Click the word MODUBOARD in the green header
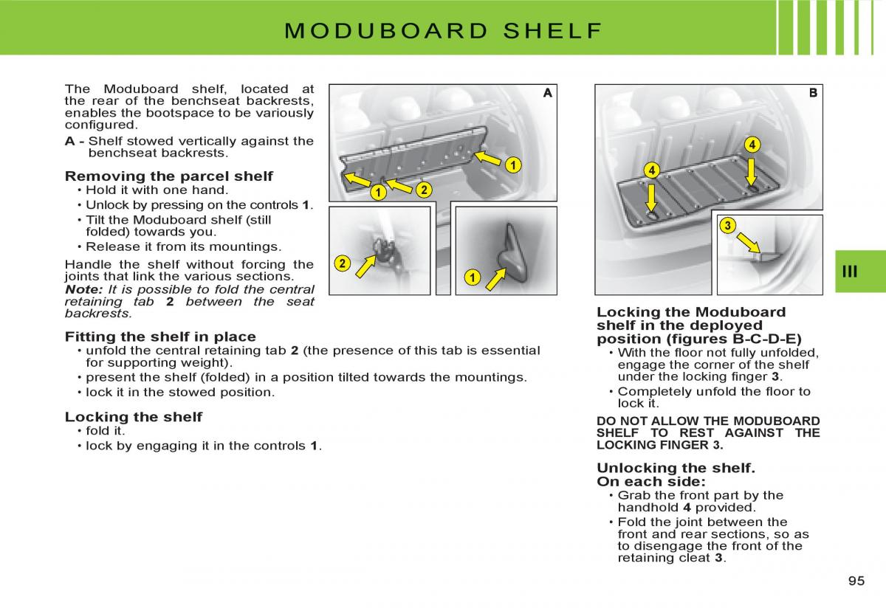386,31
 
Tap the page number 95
856,581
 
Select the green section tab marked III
850,272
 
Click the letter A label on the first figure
547,93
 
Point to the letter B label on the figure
813,93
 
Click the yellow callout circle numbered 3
727,226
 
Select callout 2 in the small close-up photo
341,263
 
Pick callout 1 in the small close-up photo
471,277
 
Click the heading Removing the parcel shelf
168,176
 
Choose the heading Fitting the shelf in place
160,336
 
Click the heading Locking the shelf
133,417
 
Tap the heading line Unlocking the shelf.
676,468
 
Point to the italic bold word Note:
83,289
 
